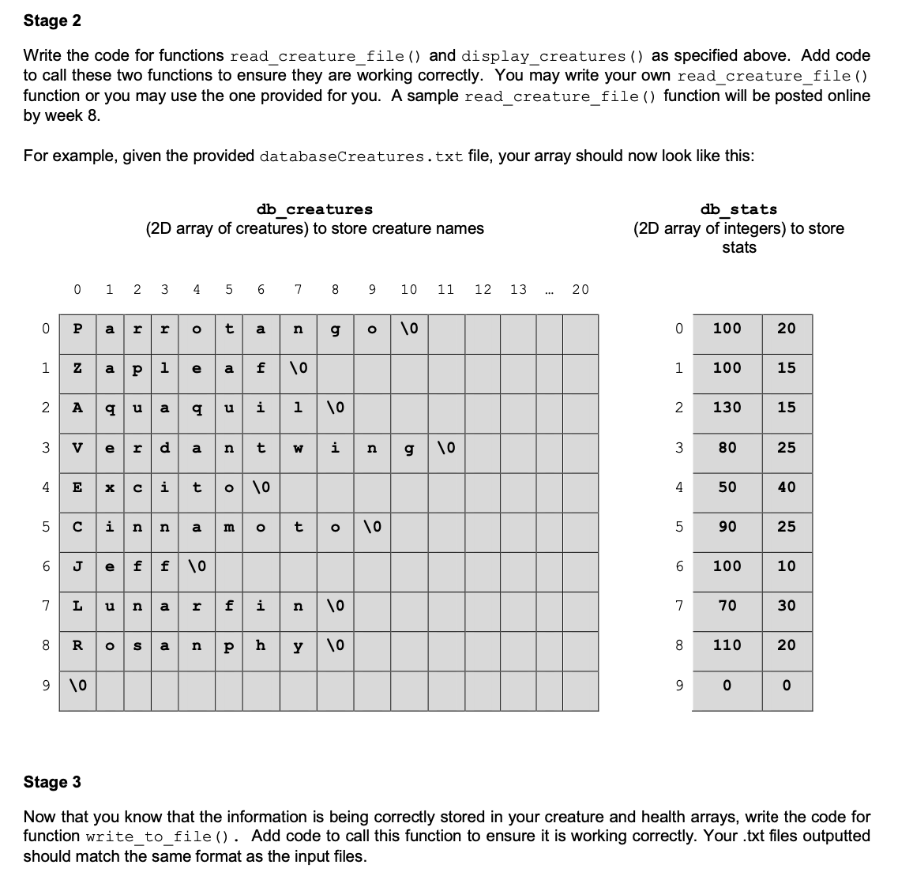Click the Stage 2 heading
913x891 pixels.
point(52,21)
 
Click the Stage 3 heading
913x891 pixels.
point(52,782)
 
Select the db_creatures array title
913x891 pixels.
point(314,209)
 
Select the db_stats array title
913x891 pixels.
point(738,209)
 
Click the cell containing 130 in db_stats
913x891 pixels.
point(727,408)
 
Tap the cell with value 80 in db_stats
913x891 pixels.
point(727,447)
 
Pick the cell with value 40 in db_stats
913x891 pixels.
point(786,487)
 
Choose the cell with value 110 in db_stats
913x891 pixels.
point(727,645)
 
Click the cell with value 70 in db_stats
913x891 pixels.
point(727,605)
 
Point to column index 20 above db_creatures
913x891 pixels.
point(580,290)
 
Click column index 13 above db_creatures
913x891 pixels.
point(518,290)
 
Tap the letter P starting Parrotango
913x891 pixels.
point(77,329)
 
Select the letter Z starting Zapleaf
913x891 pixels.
point(77,368)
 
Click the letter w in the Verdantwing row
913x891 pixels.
point(299,447)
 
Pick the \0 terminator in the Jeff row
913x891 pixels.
point(196,566)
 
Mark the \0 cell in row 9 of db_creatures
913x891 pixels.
point(77,684)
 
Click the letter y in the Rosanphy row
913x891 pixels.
point(299,645)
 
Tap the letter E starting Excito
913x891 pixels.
point(77,487)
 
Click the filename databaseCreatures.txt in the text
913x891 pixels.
point(361,156)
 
